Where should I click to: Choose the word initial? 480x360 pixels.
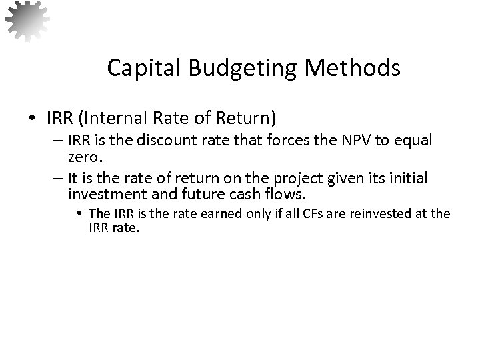(x=408, y=179)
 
